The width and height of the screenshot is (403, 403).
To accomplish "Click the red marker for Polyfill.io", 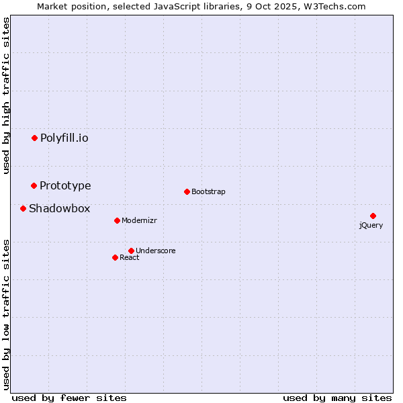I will [x=34, y=138].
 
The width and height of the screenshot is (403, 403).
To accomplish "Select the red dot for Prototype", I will [x=34, y=185].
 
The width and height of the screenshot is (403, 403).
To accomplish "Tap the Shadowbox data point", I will [x=23, y=208].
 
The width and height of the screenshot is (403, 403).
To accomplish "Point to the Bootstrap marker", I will [x=187, y=191].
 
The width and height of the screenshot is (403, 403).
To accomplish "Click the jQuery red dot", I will [x=373, y=216].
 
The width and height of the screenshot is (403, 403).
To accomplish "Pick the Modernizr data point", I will [x=117, y=220].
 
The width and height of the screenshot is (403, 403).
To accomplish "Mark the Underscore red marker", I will [x=131, y=251].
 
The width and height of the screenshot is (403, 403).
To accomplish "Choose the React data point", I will [x=115, y=257].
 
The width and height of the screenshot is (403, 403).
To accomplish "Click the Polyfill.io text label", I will [x=64, y=138].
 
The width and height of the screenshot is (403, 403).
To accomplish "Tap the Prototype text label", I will [x=65, y=185].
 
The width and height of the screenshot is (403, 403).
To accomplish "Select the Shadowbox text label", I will [x=59, y=208].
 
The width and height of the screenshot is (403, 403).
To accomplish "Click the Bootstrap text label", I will [x=208, y=191].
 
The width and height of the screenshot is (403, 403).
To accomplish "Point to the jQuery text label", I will [x=371, y=225].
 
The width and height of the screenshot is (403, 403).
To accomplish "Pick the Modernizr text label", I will [x=139, y=220].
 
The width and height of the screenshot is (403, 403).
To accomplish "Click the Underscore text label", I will [x=156, y=251].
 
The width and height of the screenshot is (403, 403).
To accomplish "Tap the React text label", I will [x=130, y=257].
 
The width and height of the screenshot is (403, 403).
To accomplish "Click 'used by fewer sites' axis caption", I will [x=69, y=398].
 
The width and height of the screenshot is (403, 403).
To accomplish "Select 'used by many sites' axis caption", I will [x=337, y=398].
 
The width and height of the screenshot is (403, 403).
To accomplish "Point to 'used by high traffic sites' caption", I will [x=7, y=95].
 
